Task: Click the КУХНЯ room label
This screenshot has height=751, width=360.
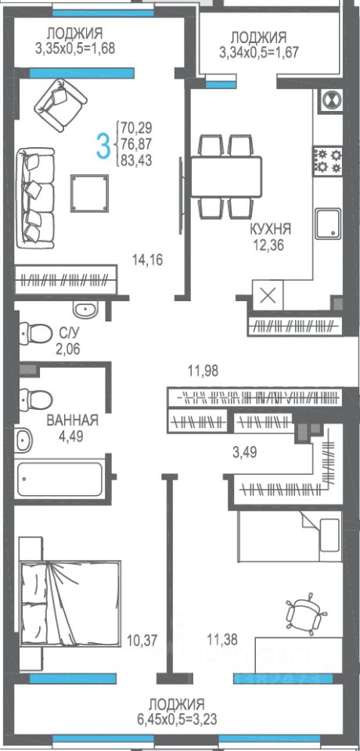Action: point(270,228)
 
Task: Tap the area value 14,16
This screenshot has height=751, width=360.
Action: point(148,260)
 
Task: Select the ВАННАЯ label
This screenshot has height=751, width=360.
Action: point(72,421)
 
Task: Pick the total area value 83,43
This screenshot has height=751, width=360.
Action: point(137,161)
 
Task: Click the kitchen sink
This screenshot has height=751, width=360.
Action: point(329,223)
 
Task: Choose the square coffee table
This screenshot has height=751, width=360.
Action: point(90,193)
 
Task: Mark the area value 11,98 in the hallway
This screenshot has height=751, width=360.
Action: point(202,370)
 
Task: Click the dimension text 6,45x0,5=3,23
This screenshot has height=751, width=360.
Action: point(177,718)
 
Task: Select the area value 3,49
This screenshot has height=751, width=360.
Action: point(244,452)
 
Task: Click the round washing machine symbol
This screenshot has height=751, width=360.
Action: point(331,100)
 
